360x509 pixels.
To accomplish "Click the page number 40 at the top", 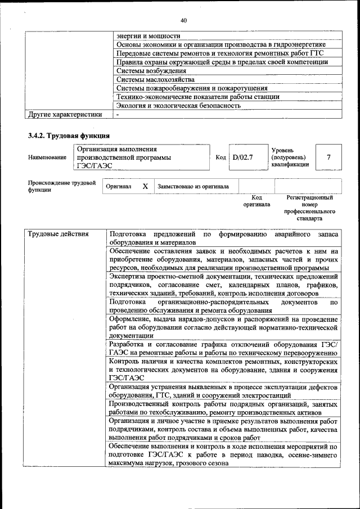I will (x=183, y=21).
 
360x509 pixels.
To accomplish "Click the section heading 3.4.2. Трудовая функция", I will (x=69, y=136).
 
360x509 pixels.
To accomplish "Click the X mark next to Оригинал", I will (x=145, y=186).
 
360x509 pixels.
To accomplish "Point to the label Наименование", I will (x=47, y=158).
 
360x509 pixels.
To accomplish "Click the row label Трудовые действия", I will (x=58, y=233).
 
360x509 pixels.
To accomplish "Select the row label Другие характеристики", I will (x=65, y=115).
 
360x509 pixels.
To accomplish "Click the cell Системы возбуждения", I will (x=151, y=71).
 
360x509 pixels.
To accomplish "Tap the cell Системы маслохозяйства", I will (x=155, y=79).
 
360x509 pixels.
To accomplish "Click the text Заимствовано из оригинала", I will (x=193, y=186).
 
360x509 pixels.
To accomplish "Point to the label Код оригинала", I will (x=256, y=201).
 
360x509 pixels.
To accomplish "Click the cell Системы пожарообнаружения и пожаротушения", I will (x=191, y=88).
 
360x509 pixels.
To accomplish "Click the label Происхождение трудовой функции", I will (x=61, y=186).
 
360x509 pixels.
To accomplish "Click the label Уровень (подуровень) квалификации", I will (x=290, y=157).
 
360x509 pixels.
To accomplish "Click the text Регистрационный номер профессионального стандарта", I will (x=309, y=208).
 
